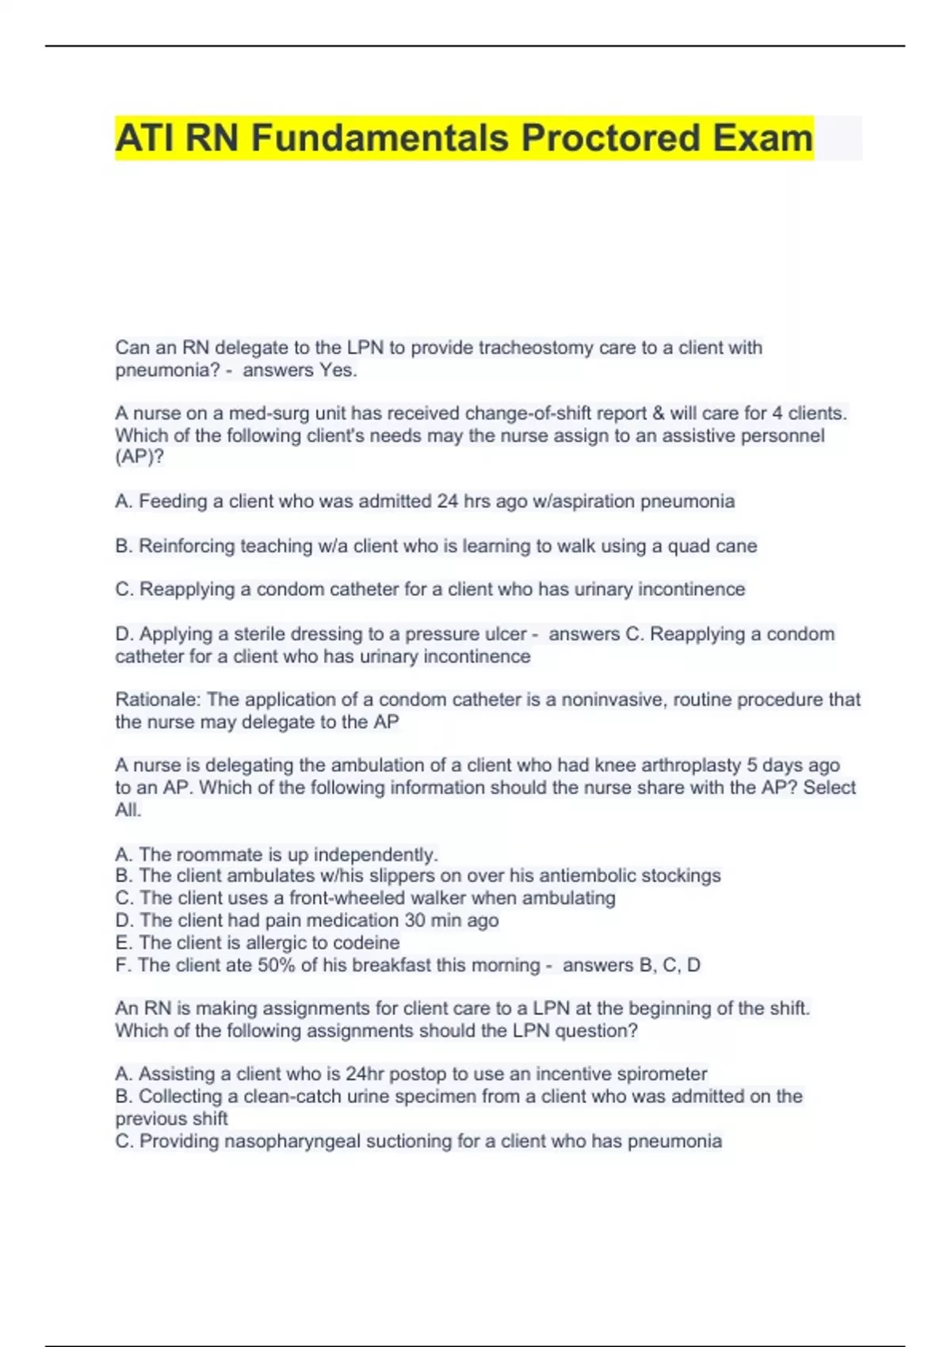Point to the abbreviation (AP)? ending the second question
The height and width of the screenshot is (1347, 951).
(x=139, y=457)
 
